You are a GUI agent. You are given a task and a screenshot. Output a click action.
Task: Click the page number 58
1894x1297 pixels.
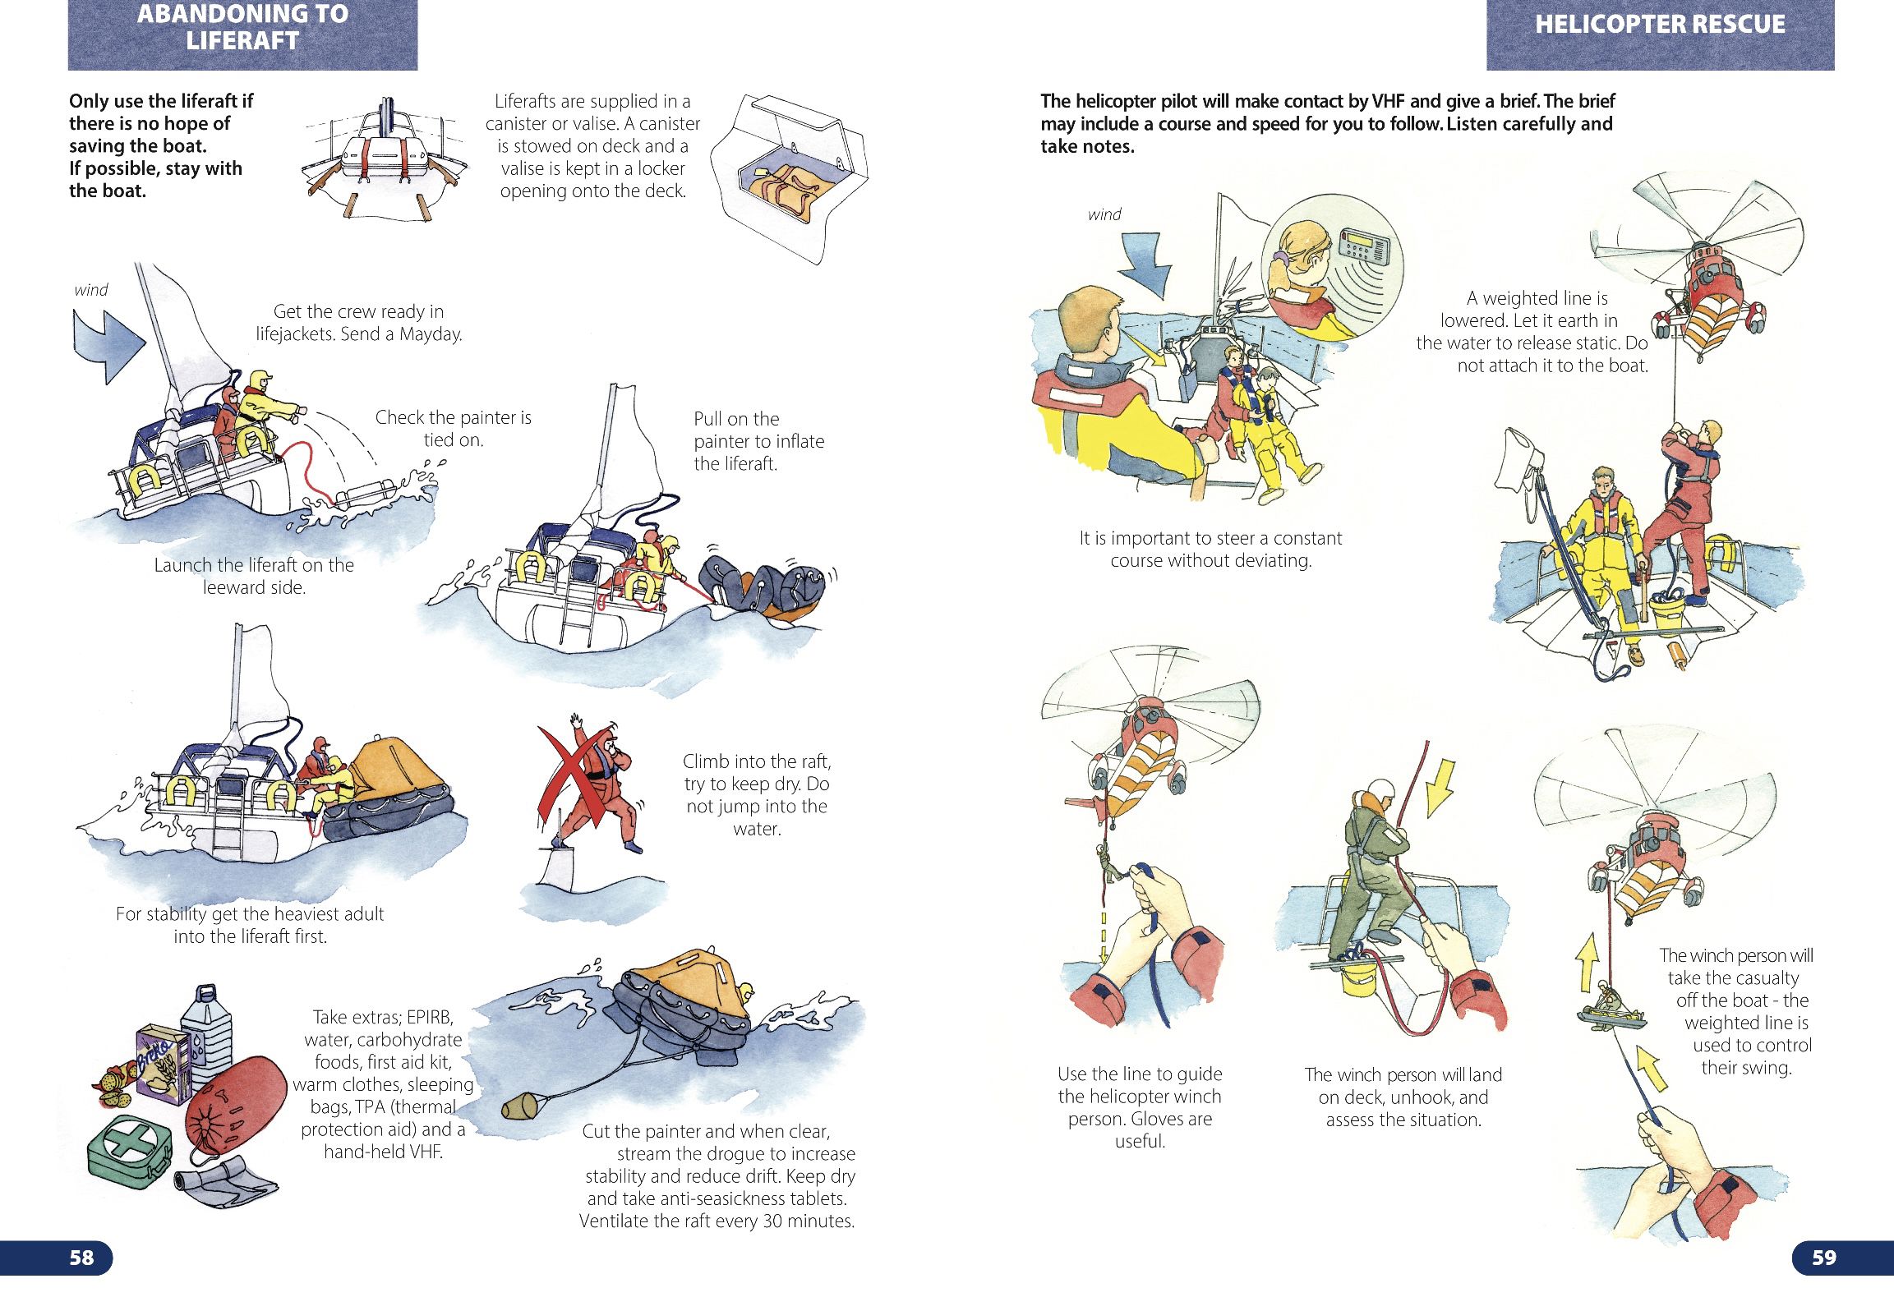point(81,1258)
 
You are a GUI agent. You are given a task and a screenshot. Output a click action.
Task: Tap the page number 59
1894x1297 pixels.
point(1823,1258)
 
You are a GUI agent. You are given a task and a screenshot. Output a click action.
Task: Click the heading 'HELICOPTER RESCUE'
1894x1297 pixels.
point(1660,25)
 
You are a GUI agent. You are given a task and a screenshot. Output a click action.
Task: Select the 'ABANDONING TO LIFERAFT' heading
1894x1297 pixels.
point(242,27)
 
